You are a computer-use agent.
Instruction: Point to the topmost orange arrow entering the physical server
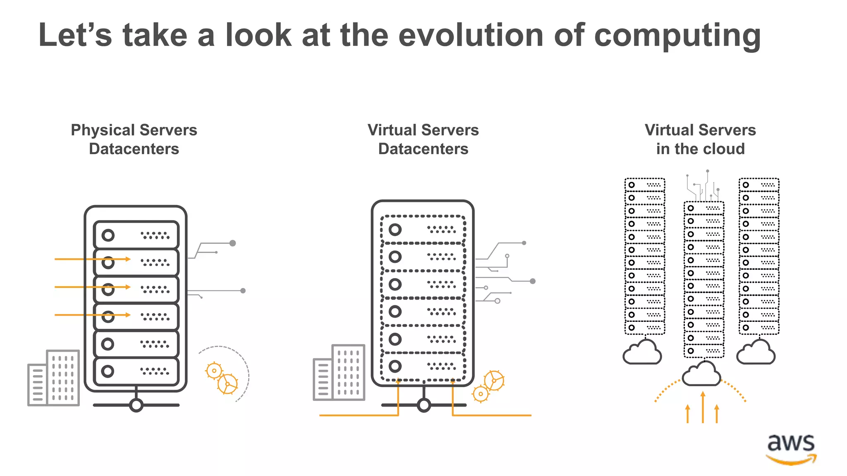[x=93, y=259]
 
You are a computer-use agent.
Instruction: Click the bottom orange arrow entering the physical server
[x=93, y=315]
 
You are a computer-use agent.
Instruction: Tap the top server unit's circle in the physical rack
[x=108, y=236]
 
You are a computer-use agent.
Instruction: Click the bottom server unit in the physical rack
[x=136, y=371]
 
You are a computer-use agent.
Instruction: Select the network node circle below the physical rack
[x=136, y=405]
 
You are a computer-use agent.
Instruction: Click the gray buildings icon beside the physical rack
[x=54, y=378]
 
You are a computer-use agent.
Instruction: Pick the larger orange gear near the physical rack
[x=227, y=384]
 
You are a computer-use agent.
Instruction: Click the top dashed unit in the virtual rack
[x=423, y=229]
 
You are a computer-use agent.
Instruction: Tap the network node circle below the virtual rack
[x=423, y=405]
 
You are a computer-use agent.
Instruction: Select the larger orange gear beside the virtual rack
[x=494, y=380]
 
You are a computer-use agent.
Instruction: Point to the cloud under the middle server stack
[x=701, y=374]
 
